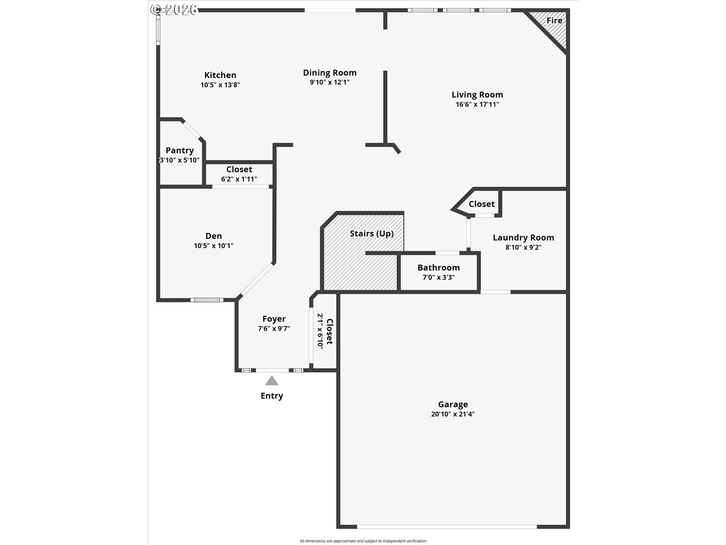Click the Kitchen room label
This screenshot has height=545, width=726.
[x=220, y=75]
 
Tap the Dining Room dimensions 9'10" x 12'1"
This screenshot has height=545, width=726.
[x=329, y=82]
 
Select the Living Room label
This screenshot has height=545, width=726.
[x=477, y=94]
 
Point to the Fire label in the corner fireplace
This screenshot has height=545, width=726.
[x=554, y=20]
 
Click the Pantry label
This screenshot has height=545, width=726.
[x=180, y=151]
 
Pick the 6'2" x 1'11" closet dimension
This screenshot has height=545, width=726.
[x=239, y=179]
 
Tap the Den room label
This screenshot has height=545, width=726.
[x=214, y=236]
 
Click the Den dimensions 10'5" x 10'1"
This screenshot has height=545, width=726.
[x=213, y=246]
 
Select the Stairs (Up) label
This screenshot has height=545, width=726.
[x=372, y=233]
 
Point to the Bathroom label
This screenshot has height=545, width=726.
[x=439, y=268]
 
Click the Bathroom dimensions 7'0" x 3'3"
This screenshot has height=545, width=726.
[x=439, y=277]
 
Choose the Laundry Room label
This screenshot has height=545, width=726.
[x=523, y=238]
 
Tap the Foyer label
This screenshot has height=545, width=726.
[x=274, y=319]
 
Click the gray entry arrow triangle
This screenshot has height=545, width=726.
[x=271, y=381]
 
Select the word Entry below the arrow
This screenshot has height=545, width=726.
[x=271, y=396]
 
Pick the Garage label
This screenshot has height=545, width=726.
[x=453, y=404]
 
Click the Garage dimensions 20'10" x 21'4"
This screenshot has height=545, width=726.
[x=453, y=414]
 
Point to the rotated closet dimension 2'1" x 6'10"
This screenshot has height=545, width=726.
[x=320, y=331]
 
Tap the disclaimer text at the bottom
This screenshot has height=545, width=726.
[x=363, y=541]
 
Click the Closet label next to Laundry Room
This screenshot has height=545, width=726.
[x=481, y=204]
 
